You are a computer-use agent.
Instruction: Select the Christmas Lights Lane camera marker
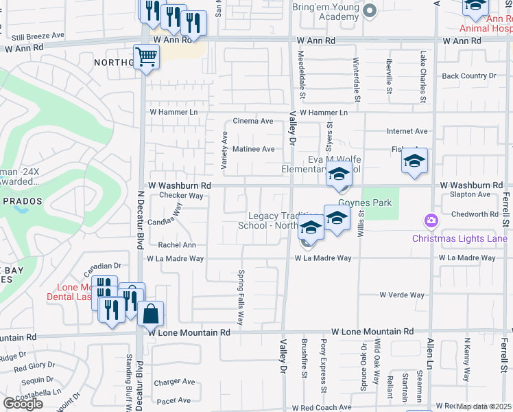(x=431, y=221)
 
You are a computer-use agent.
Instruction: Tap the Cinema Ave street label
(x=253, y=122)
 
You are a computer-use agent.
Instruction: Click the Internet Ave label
(x=407, y=131)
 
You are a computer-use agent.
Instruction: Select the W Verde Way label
(x=402, y=295)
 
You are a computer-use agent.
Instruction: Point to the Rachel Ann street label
(x=177, y=245)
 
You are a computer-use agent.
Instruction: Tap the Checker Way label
(x=182, y=196)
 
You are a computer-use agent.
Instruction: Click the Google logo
(x=23, y=404)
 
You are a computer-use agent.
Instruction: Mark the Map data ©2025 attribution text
(x=484, y=407)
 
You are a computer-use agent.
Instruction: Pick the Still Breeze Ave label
(x=38, y=35)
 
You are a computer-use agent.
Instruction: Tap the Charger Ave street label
(x=175, y=382)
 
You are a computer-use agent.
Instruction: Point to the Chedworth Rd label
(x=470, y=214)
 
